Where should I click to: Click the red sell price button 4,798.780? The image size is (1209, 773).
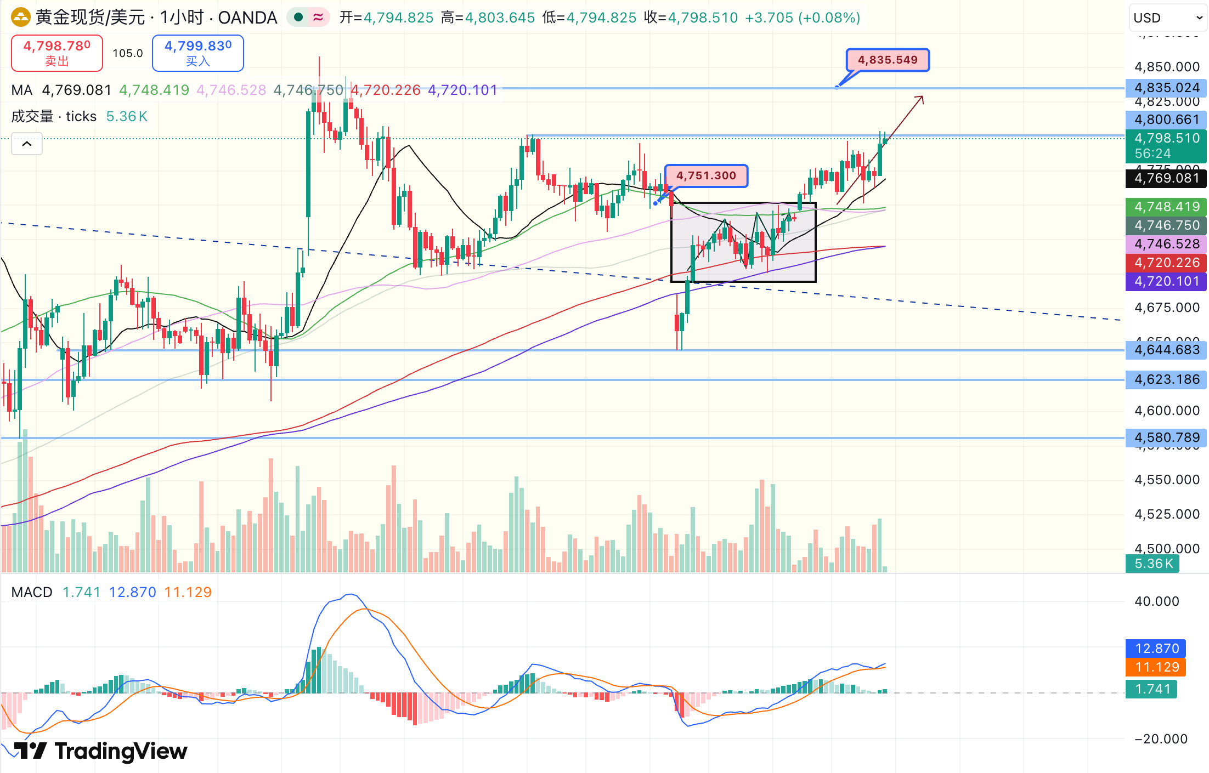click(x=57, y=53)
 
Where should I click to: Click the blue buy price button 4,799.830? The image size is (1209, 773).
click(x=197, y=53)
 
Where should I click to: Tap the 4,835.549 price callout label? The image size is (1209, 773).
click(x=888, y=60)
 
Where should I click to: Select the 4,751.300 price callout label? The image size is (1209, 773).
click(x=706, y=175)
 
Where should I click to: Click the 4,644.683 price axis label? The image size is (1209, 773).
click(x=1166, y=350)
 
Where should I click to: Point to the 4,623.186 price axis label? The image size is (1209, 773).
click(x=1166, y=379)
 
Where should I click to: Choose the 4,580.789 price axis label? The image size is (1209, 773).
click(x=1166, y=437)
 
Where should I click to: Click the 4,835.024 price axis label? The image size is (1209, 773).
click(x=1166, y=88)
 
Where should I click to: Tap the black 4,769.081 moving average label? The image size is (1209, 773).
click(x=1166, y=178)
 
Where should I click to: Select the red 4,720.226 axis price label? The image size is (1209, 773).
click(x=1166, y=263)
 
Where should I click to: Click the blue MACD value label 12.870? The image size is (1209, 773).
click(x=1156, y=649)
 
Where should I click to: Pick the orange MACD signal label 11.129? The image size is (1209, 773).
click(x=1156, y=667)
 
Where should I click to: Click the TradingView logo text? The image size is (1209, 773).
click(x=121, y=751)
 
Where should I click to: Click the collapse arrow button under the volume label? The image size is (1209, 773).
click(x=27, y=144)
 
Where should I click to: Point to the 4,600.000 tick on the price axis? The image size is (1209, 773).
click(x=1166, y=411)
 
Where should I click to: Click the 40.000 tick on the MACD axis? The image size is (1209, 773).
click(x=1156, y=601)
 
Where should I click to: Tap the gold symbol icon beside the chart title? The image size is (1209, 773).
click(x=21, y=18)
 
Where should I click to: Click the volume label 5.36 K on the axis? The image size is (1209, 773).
click(x=1153, y=564)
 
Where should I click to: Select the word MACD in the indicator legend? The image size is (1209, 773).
click(x=32, y=592)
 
